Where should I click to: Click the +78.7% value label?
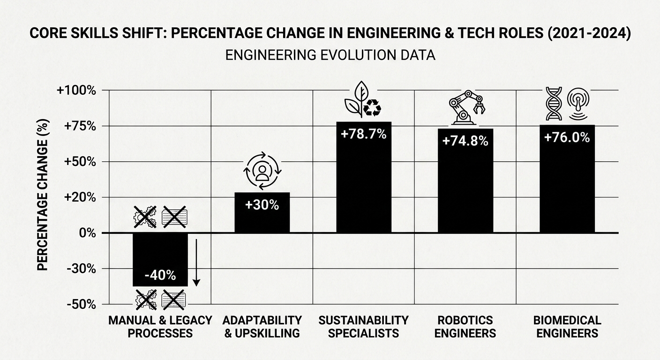pyautogui.click(x=364, y=135)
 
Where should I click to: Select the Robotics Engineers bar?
pyautogui.click(x=465, y=180)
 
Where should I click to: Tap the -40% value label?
pyautogui.click(x=160, y=276)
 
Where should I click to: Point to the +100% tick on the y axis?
pyautogui.click(x=76, y=90)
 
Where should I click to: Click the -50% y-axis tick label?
pyautogui.click(x=81, y=305)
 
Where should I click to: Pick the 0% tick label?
pyautogui.click(x=88, y=233)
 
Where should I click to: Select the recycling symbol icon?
pyautogui.click(x=372, y=108)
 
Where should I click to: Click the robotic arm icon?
pyautogui.click(x=467, y=107)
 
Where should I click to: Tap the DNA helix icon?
pyautogui.click(x=554, y=104)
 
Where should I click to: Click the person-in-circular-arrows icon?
pyautogui.click(x=262, y=171)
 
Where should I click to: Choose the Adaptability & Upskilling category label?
pyautogui.click(x=262, y=327)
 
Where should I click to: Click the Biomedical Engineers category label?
pyautogui.click(x=567, y=327)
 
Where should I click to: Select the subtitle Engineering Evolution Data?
pyautogui.click(x=330, y=55)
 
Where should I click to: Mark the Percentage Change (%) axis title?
pyautogui.click(x=43, y=195)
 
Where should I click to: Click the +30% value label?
pyautogui.click(x=262, y=205)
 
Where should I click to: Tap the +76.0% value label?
pyautogui.click(x=567, y=137)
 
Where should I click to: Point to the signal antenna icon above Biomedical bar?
pyautogui.click(x=578, y=104)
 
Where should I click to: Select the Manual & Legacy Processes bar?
pyautogui.click(x=160, y=259)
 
